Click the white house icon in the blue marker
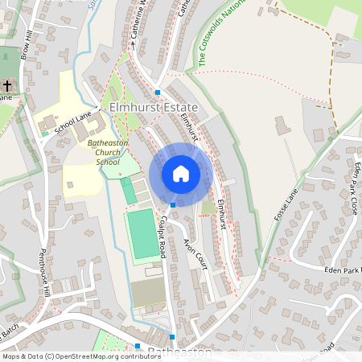[181, 174]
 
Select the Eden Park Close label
[352, 188]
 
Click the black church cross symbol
[7, 84]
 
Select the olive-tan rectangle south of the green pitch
[147, 293]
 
